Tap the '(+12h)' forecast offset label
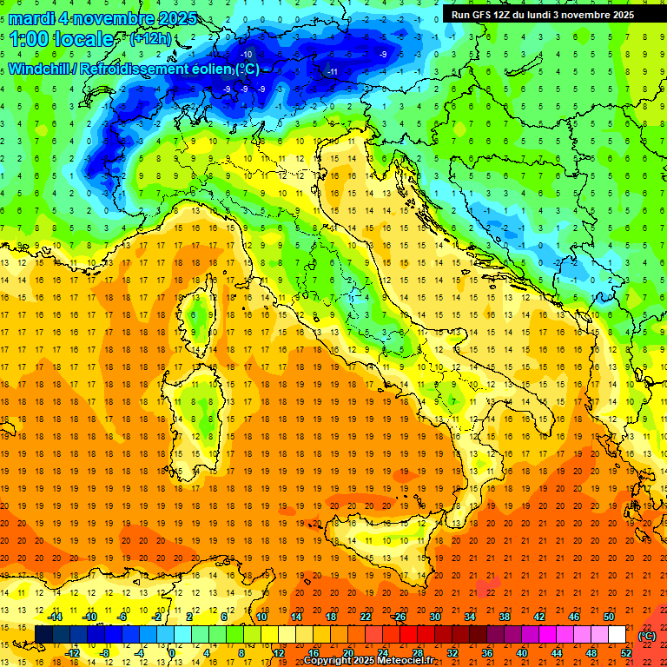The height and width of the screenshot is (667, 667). [x=149, y=39]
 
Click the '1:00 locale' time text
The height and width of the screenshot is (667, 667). [x=62, y=39]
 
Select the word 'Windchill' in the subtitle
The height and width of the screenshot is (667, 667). [x=40, y=69]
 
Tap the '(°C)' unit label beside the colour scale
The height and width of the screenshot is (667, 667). [x=646, y=635]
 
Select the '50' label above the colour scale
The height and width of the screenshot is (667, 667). [x=608, y=617]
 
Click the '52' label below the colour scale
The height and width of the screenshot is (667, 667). [x=625, y=652]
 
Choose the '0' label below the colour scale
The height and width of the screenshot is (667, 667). [x=172, y=652]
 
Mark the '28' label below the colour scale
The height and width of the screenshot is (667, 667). [x=417, y=652]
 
